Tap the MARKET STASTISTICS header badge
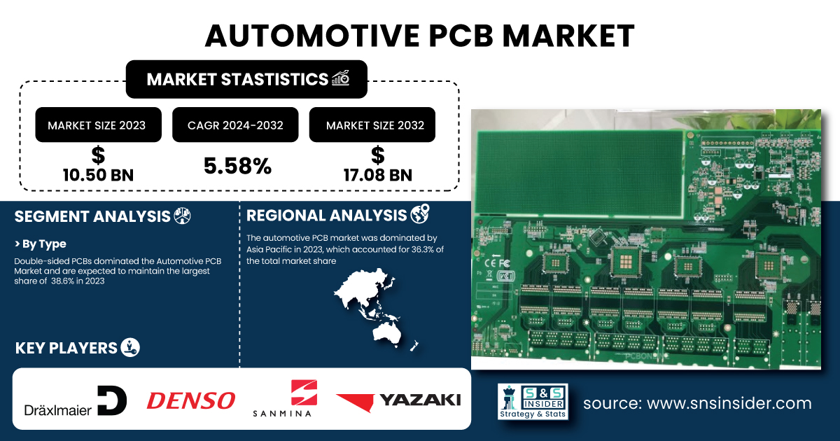tap(246, 79)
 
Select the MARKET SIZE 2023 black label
tap(98, 125)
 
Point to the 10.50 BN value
tap(98, 175)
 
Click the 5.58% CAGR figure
tap(237, 166)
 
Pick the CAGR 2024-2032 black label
tap(235, 125)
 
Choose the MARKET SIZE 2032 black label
tap(372, 125)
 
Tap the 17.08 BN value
tap(378, 175)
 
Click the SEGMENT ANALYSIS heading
tap(92, 216)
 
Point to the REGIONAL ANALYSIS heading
tap(326, 216)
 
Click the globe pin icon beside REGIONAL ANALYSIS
tap(420, 213)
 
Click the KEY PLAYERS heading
tap(66, 348)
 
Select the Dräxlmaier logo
tap(76, 400)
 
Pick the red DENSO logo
tap(191, 400)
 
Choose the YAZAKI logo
tap(398, 401)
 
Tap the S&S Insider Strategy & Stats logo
tap(533, 402)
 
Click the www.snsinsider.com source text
tap(729, 403)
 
